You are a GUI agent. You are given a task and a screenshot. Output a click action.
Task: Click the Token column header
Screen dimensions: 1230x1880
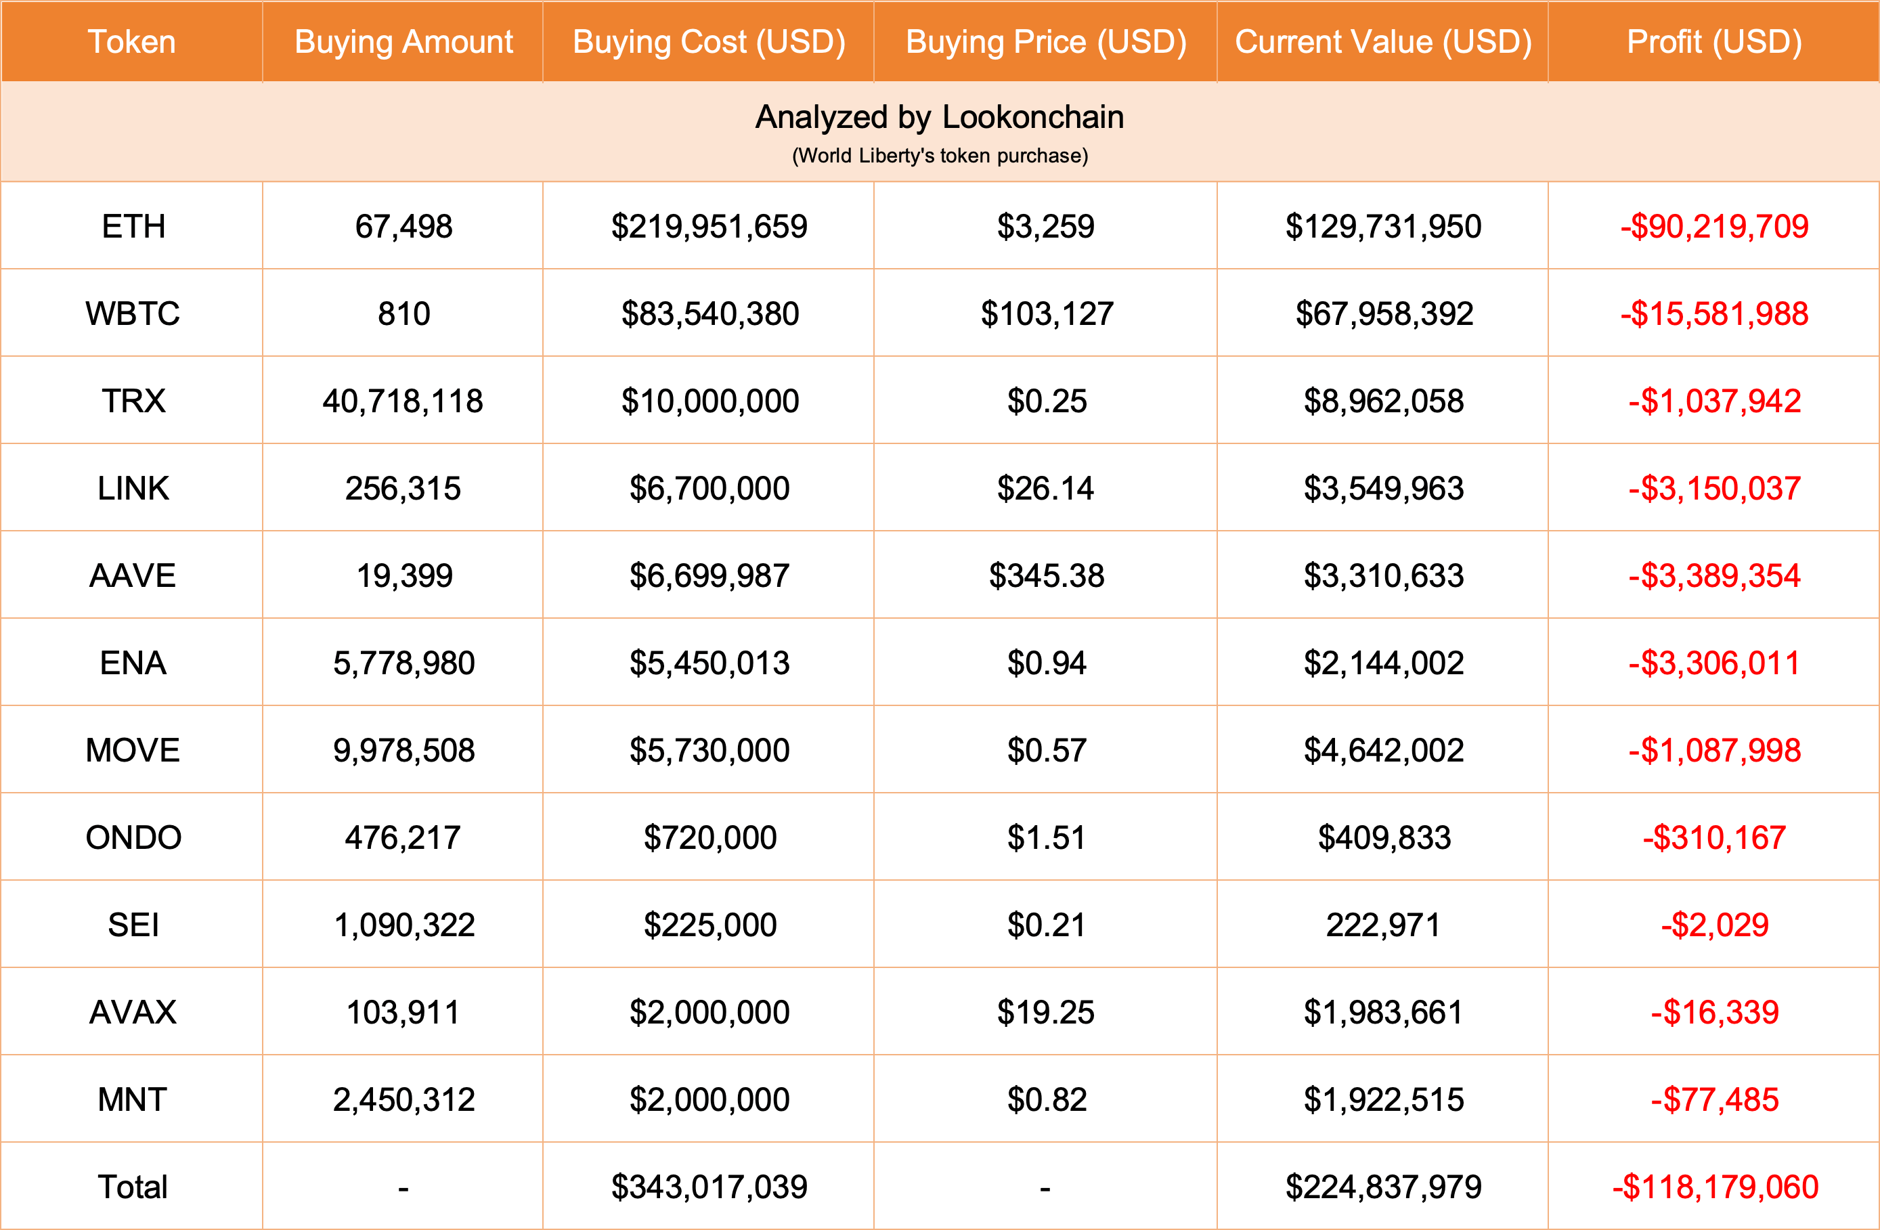tap(132, 42)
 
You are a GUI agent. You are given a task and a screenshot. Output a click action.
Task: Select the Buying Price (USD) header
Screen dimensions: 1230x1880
tap(1045, 42)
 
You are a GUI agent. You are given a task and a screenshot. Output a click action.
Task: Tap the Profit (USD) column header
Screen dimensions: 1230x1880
tap(1713, 42)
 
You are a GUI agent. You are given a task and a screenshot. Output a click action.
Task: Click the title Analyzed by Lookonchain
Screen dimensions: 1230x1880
tap(939, 117)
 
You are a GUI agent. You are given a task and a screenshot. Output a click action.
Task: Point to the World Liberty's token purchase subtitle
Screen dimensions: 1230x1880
tap(939, 156)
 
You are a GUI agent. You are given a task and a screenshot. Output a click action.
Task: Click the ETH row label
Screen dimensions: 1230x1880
tap(133, 227)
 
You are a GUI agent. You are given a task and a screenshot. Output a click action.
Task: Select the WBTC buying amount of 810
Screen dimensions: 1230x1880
tap(403, 313)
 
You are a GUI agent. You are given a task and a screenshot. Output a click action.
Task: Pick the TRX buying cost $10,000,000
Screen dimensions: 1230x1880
tap(709, 401)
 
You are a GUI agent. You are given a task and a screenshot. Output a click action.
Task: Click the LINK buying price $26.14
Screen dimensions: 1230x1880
tap(1045, 488)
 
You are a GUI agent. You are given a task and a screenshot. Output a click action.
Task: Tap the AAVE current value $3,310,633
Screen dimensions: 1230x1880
tap(1383, 576)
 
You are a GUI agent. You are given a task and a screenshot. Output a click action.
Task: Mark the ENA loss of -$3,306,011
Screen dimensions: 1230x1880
tap(1713, 663)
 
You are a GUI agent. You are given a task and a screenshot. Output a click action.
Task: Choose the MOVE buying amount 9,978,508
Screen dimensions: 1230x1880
tap(403, 751)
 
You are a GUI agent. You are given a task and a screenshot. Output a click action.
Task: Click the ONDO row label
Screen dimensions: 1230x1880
tap(133, 837)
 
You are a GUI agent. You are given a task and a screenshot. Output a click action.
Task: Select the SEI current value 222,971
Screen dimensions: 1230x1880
tap(1383, 925)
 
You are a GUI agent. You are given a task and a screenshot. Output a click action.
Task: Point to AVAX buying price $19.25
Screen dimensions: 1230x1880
tap(1045, 1012)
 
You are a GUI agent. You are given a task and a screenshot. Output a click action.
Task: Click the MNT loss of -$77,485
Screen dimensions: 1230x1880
tap(1713, 1099)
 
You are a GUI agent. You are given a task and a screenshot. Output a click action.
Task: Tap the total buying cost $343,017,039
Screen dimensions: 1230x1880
tap(709, 1187)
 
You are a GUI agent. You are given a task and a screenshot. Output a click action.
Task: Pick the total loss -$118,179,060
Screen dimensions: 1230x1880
tap(1715, 1187)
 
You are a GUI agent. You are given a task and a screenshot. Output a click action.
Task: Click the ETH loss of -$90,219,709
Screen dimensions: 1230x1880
tap(1713, 227)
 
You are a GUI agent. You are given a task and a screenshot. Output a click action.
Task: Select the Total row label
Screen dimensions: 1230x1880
tap(133, 1187)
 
